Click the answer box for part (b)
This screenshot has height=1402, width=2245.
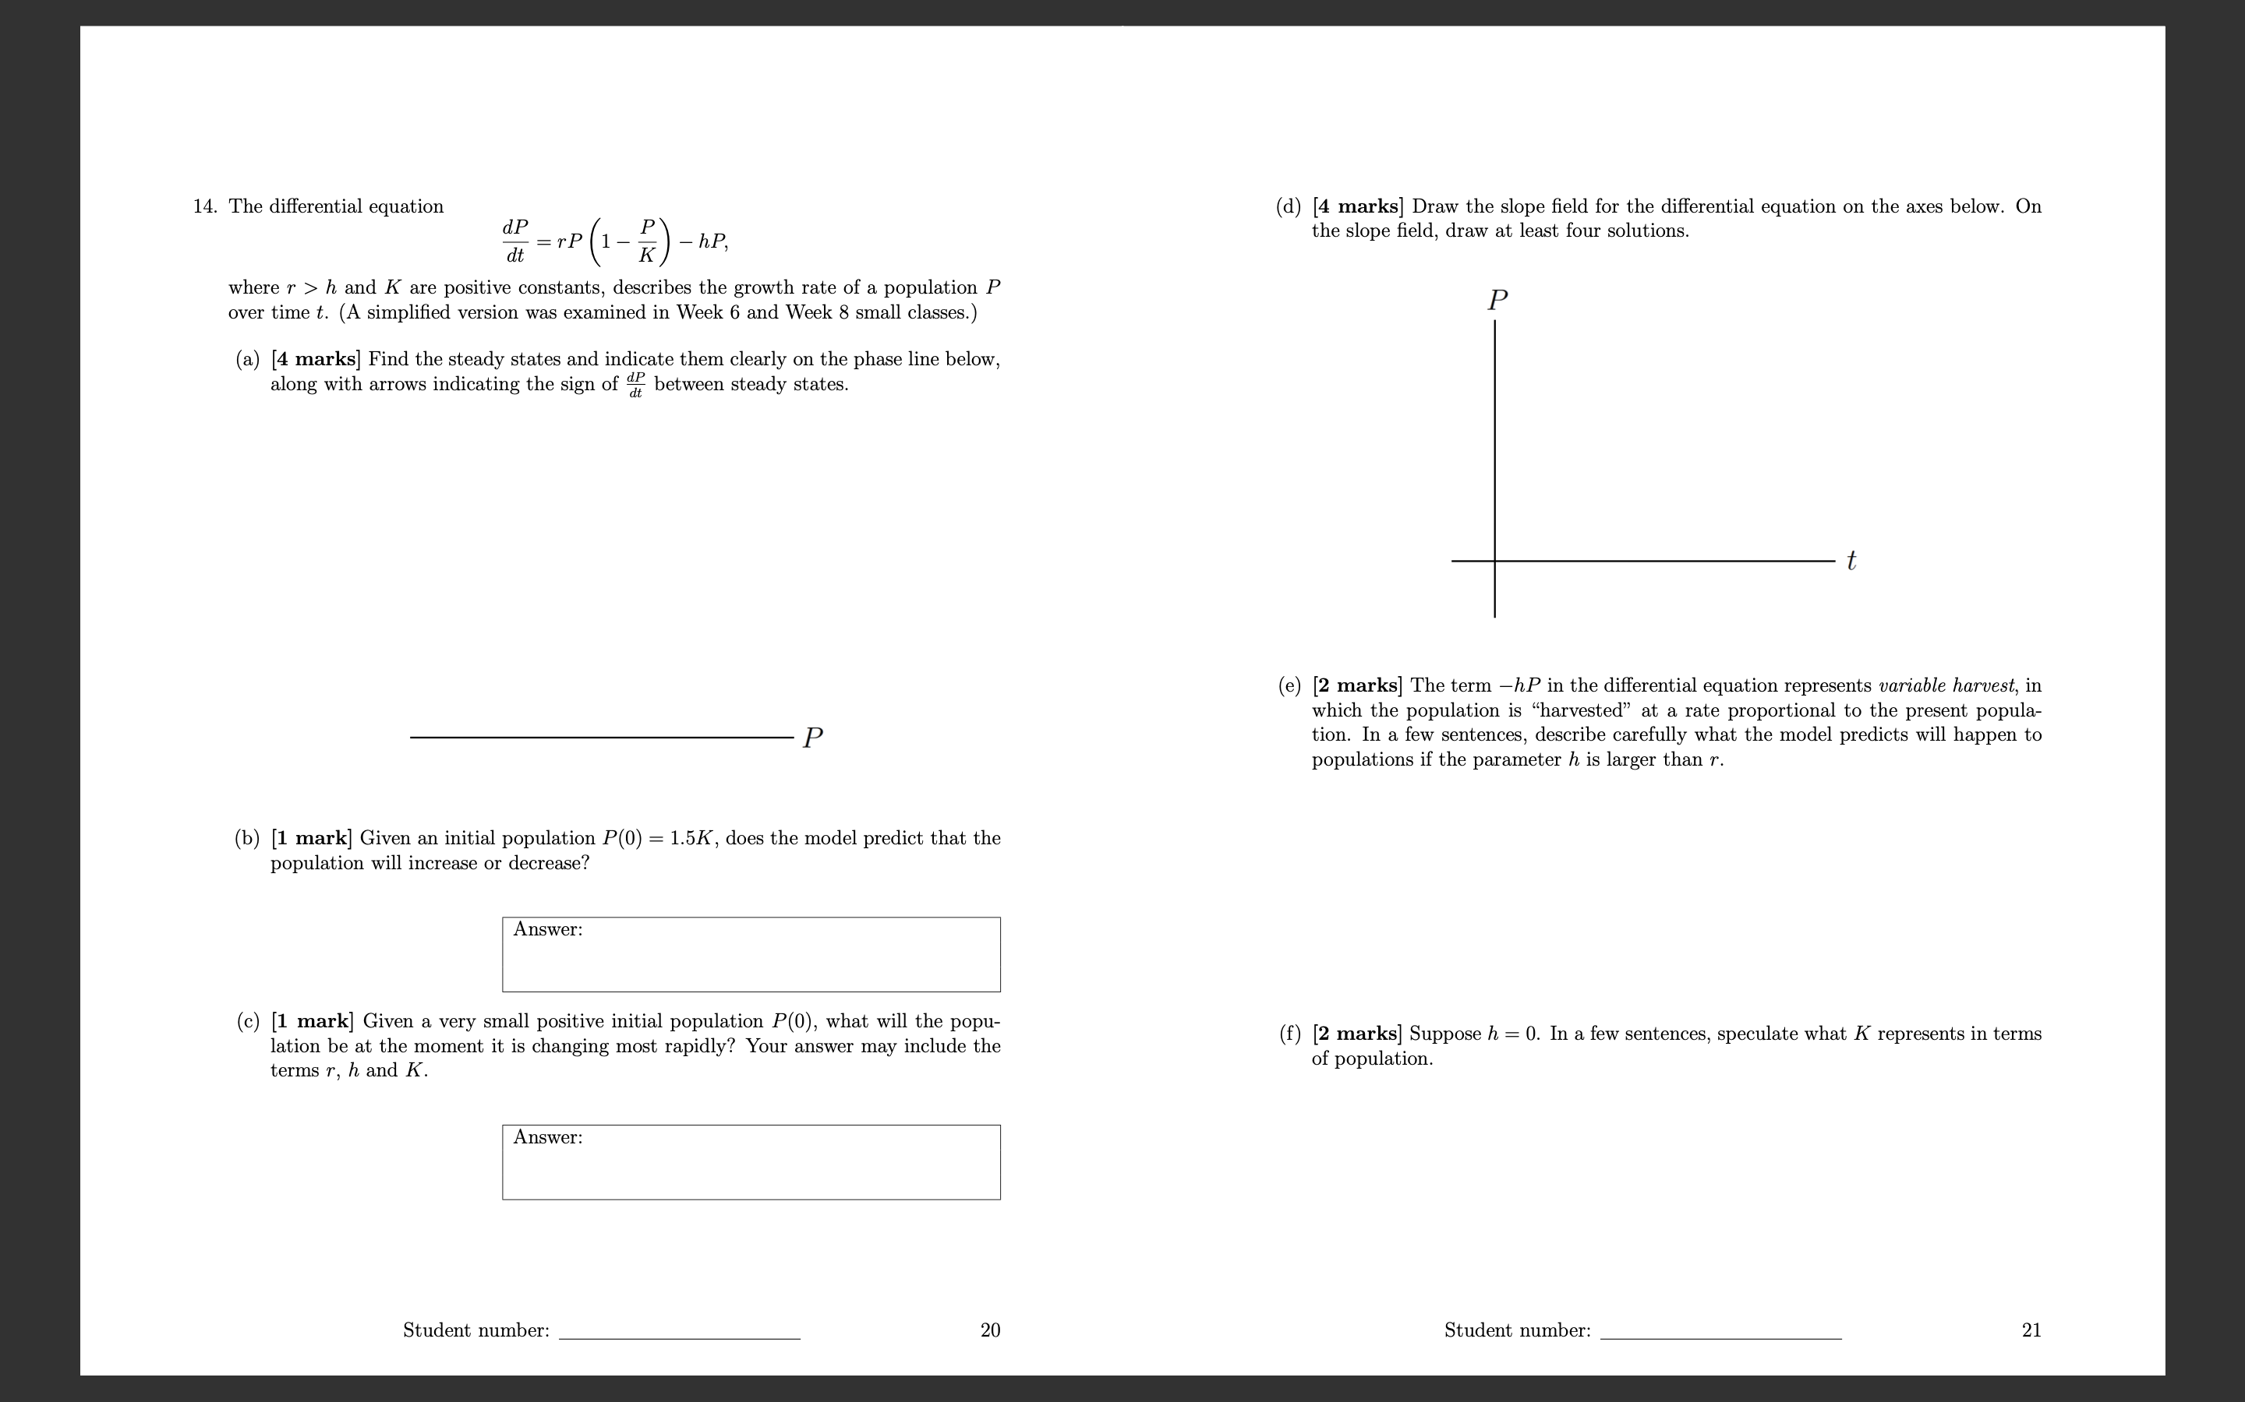pos(751,954)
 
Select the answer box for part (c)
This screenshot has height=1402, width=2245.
pos(751,1162)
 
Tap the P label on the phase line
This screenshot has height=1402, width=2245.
pos(813,738)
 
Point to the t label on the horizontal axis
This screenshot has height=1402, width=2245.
pos(1851,561)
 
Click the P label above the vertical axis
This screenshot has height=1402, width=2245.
pos(1497,301)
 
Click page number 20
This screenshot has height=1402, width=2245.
pos(990,1330)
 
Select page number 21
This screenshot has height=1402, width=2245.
pos(2031,1330)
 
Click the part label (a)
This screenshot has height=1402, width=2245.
pos(247,360)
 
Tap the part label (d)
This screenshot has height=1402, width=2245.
pos(1289,206)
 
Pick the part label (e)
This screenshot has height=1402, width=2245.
pos(1289,686)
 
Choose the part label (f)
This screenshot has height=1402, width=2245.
pos(1289,1034)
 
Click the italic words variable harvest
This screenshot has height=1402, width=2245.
pos(1946,686)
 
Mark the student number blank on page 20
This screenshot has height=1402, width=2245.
pos(679,1333)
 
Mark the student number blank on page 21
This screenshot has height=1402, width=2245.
pos(1721,1333)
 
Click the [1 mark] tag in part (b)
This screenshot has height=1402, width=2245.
pos(311,839)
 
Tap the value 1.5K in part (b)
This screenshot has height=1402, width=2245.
pos(691,839)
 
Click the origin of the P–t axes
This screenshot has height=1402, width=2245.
pos(1494,561)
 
